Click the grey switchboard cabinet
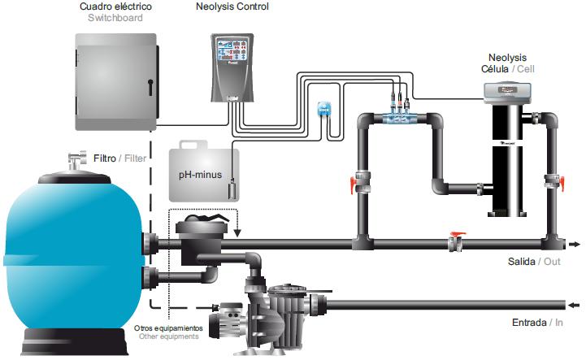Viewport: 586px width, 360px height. [113, 81]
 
